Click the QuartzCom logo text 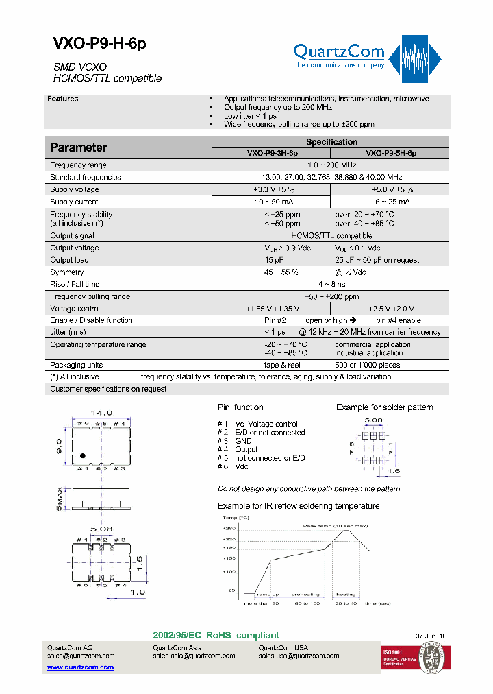(338, 51)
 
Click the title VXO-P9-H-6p (99, 44)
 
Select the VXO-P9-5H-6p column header (390, 154)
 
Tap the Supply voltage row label (75, 189)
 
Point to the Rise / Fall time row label (75, 284)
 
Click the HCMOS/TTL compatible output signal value (332, 235)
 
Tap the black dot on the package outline (82, 455)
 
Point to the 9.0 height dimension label (60, 446)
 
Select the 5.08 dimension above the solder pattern (373, 419)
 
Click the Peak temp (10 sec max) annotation (336, 525)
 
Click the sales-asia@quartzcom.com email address (194, 656)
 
